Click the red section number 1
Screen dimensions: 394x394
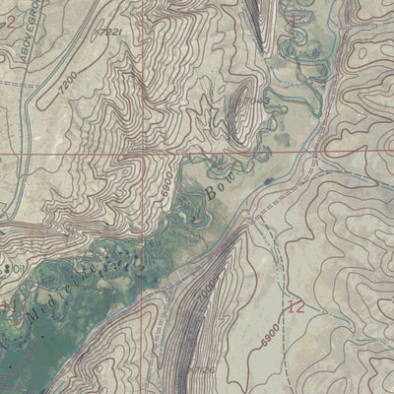pyautogui.click(x=294, y=19)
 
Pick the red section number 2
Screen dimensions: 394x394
pyautogui.click(x=11, y=20)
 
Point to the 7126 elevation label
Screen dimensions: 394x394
pyautogui.click(x=205, y=369)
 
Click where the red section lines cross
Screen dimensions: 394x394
pyautogui.click(x=145, y=154)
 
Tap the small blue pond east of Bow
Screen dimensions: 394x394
pyautogui.click(x=268, y=181)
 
